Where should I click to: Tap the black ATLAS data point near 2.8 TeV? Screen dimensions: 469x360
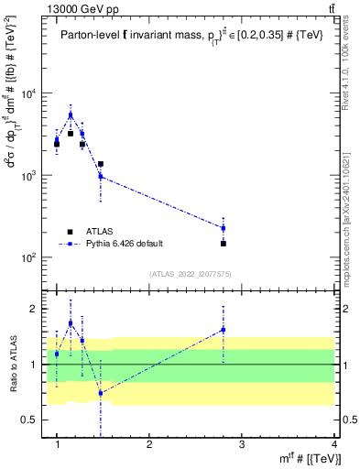(224, 244)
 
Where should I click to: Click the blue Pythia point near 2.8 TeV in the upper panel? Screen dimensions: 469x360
(224, 228)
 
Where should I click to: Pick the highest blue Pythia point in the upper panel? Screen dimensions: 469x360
(71, 115)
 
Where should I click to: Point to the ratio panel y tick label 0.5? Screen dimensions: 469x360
(34, 420)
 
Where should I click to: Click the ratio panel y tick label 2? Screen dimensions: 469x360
(37, 309)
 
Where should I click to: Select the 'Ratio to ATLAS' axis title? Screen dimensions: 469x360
(12, 365)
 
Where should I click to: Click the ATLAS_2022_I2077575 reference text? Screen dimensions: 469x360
(191, 274)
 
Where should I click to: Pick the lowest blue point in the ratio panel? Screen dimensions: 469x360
(101, 392)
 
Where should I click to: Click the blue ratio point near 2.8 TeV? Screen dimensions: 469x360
(224, 330)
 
